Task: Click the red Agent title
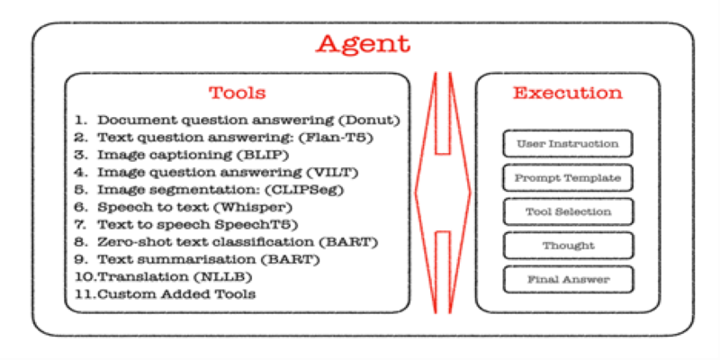pos(363,45)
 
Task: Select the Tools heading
pos(238,94)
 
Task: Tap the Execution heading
pos(568,94)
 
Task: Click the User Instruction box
pos(568,144)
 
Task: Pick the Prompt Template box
pos(568,177)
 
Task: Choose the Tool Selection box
pos(568,211)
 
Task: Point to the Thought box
pos(568,246)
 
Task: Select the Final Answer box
pos(568,280)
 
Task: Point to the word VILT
pos(337,173)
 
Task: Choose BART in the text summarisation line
pos(296,259)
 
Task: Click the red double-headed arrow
pos(443,193)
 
